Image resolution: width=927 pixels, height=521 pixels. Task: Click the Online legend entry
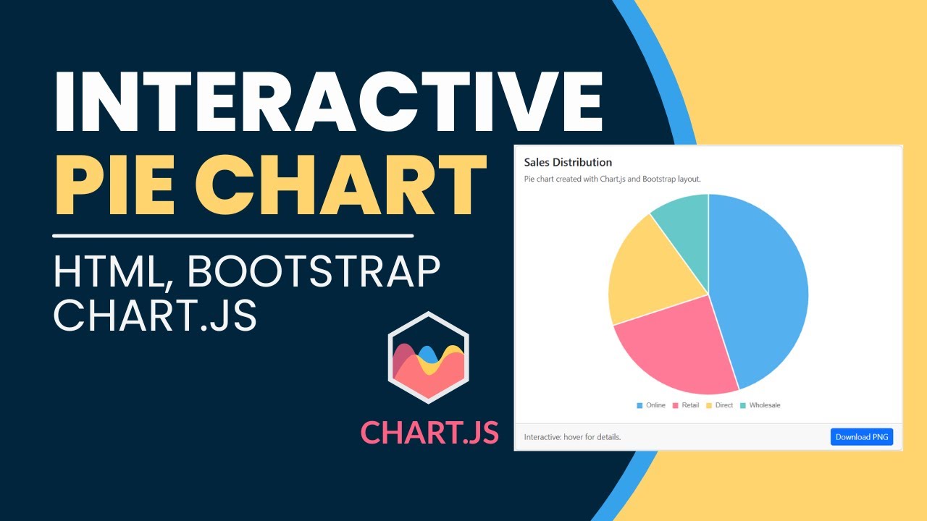click(651, 405)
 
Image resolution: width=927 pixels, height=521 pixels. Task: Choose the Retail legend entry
click(686, 405)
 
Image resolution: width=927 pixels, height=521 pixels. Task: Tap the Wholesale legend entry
click(760, 405)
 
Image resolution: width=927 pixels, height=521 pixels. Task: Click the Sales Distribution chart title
click(568, 162)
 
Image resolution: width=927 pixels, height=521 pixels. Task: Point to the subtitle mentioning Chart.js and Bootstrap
click(612, 179)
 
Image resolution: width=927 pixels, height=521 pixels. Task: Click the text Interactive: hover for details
click(572, 437)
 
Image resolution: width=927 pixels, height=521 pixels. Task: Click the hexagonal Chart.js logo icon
click(428, 357)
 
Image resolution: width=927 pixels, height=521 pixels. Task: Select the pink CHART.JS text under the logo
click(429, 433)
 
